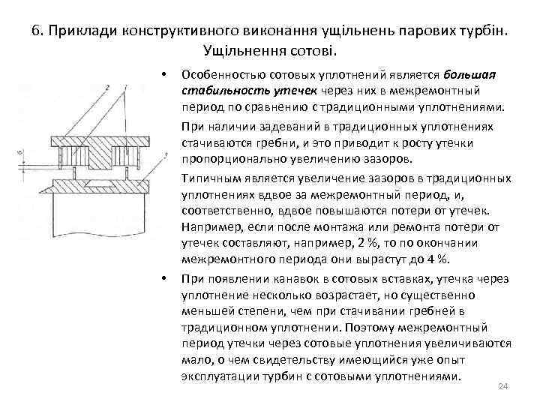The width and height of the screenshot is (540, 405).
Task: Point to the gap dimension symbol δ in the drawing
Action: tap(19, 155)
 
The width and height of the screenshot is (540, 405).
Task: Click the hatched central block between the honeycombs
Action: tap(95, 155)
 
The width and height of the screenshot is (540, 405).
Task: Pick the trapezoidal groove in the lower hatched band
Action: tap(96, 182)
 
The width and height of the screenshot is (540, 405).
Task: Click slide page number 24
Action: tap(503, 386)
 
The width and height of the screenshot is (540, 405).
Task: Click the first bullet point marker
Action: tap(163, 75)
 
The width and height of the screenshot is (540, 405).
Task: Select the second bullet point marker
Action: tap(163, 279)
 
